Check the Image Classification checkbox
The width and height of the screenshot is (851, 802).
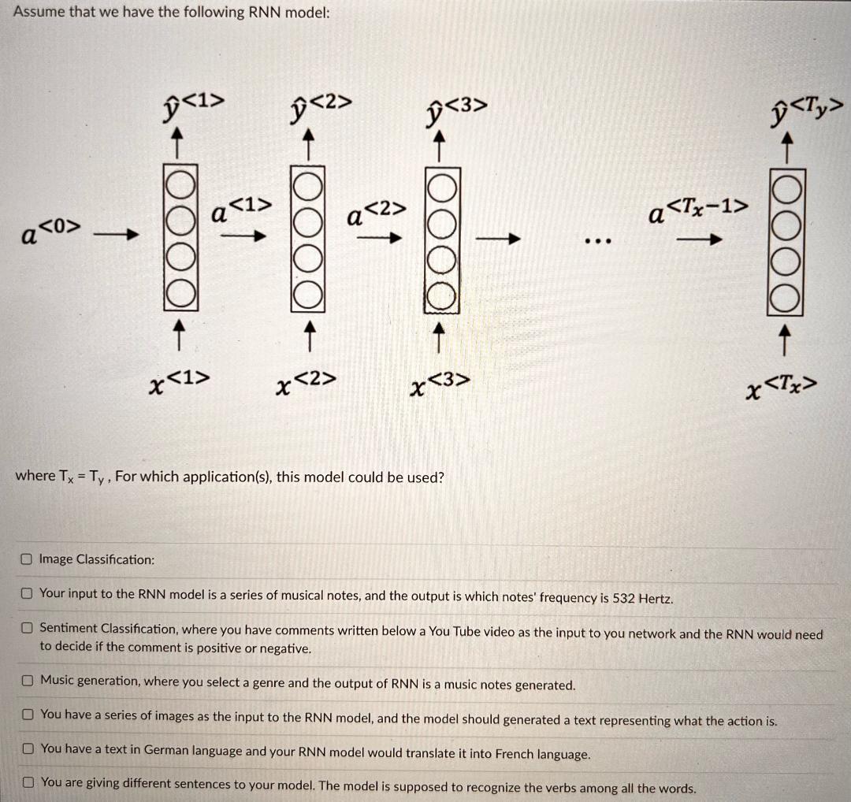coord(27,559)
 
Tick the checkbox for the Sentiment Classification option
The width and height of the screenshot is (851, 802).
coord(27,629)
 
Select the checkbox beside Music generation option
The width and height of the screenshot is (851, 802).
coord(27,680)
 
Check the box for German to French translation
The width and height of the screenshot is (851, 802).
coord(27,748)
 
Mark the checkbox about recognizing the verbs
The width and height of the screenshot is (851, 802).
coord(27,783)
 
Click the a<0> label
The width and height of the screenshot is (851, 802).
coord(50,232)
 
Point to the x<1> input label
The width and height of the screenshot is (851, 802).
coord(179,383)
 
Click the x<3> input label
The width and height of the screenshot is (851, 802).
coord(440,384)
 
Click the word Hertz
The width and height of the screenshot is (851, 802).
coord(656,598)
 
